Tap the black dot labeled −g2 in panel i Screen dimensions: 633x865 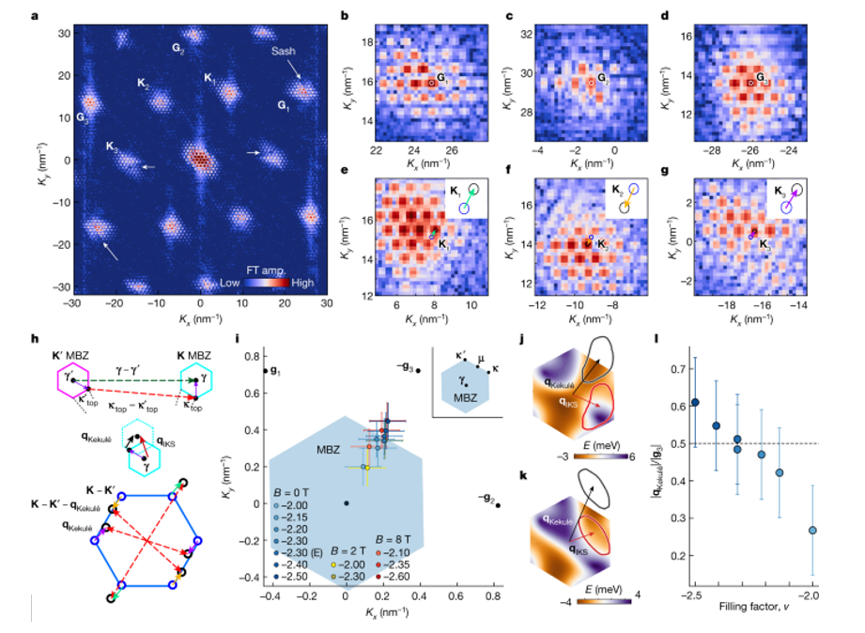point(498,505)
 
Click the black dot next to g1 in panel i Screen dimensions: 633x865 point(265,371)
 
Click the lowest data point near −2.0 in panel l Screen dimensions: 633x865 point(812,531)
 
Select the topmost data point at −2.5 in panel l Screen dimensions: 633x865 point(695,402)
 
